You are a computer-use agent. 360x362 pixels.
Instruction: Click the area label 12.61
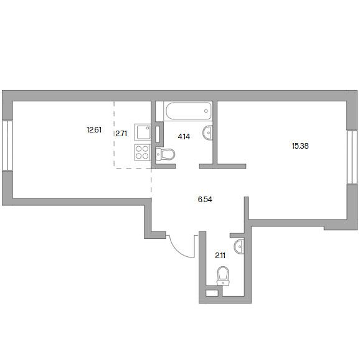[x=94, y=130]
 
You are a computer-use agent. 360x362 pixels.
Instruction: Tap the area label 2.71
[x=121, y=134]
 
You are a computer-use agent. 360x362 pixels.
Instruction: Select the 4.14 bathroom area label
[x=184, y=137]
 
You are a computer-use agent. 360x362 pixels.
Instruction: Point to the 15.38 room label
[x=300, y=146]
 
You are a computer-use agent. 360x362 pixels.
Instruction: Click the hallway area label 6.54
[x=205, y=200]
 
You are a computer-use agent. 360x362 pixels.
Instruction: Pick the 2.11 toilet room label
[x=220, y=256]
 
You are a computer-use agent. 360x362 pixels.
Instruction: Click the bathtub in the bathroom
[x=189, y=111]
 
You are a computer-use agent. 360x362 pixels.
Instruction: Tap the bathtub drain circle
[x=206, y=111]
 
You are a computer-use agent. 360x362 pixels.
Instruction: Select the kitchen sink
[x=143, y=132]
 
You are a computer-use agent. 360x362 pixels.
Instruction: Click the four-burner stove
[x=143, y=152]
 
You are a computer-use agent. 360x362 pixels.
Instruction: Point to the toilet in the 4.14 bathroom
[x=165, y=154]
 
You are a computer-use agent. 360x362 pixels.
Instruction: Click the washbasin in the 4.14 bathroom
[x=207, y=132]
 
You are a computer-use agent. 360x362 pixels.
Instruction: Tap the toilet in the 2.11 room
[x=223, y=276]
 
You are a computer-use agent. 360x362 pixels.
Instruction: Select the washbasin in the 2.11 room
[x=239, y=246]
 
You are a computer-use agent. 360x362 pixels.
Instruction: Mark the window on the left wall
[x=7, y=146]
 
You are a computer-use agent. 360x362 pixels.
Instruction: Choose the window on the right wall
[x=353, y=157]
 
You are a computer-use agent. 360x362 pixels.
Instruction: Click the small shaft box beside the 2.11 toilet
[x=212, y=293]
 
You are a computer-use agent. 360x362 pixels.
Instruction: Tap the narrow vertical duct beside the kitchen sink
[x=158, y=134]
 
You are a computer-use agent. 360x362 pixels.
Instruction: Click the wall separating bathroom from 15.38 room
[x=215, y=133]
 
